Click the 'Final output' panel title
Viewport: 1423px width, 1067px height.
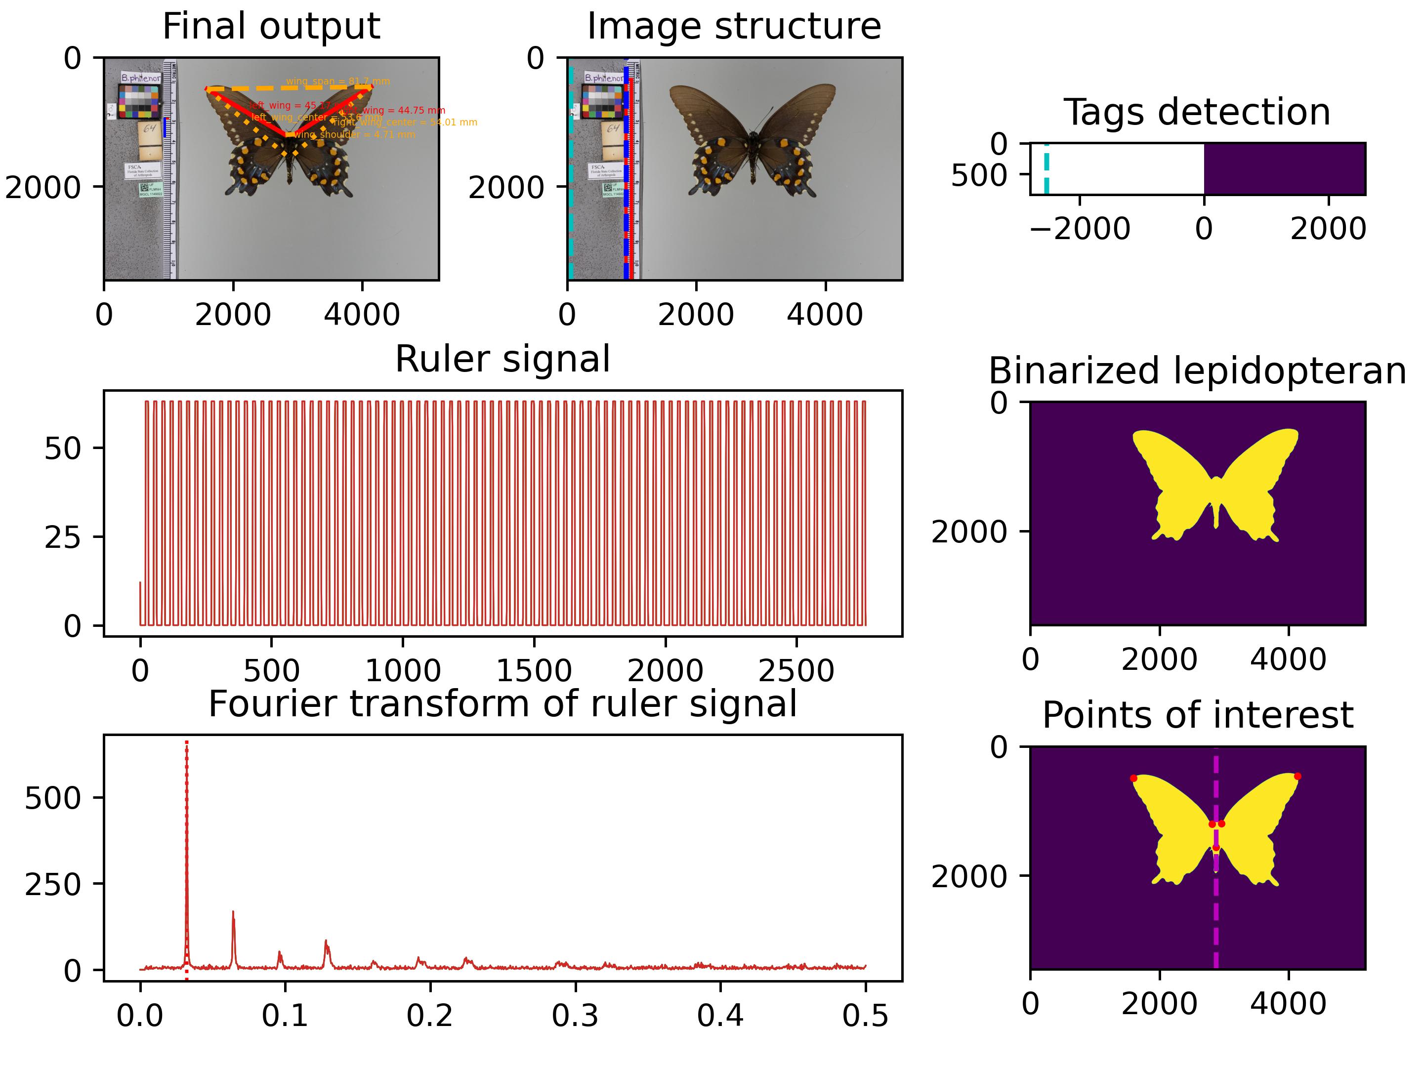click(271, 27)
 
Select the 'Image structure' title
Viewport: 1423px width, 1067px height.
click(734, 27)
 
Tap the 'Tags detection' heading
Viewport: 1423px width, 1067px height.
click(1197, 113)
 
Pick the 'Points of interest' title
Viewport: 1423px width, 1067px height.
click(1197, 715)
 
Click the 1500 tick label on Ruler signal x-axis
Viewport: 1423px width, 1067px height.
click(534, 671)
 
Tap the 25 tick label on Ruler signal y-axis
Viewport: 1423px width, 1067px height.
click(63, 537)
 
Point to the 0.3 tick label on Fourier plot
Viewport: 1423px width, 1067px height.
click(575, 1016)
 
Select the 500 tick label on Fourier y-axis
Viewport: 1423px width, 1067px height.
click(53, 798)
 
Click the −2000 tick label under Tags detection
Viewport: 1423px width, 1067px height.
click(1080, 229)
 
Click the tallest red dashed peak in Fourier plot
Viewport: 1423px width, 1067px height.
click(187, 836)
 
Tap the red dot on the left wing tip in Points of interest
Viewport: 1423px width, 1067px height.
click(1133, 778)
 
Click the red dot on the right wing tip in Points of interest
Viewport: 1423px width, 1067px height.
click(1297, 777)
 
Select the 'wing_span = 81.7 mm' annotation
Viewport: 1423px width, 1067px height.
click(338, 82)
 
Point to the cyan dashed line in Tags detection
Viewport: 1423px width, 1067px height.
click(1046, 168)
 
